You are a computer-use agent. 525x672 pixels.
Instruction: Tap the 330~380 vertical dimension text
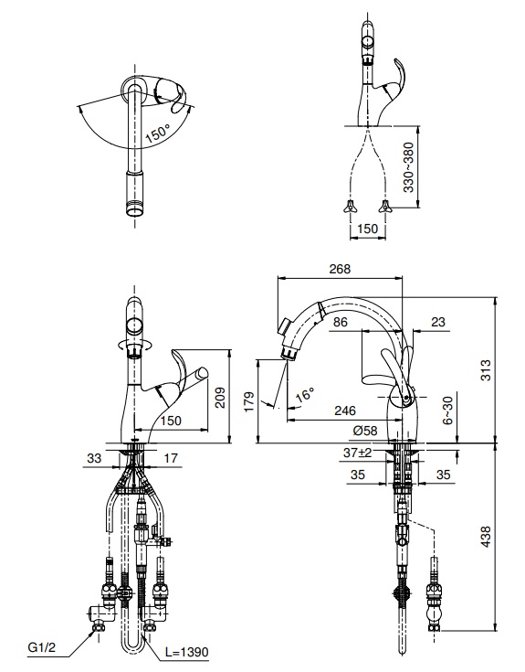coord(409,167)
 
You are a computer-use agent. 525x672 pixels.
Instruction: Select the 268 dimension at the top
coord(340,269)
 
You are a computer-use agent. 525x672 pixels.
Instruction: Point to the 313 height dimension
coord(486,370)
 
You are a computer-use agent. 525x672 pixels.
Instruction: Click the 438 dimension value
coord(486,536)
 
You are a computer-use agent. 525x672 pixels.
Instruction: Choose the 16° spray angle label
coord(305,394)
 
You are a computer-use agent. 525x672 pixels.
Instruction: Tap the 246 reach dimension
coord(345,411)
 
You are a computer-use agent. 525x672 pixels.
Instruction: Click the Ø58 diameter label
coord(365,431)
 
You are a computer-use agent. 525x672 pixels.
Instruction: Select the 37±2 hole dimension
coord(357,453)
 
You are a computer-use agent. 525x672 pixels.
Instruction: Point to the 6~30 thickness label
coord(447,410)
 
